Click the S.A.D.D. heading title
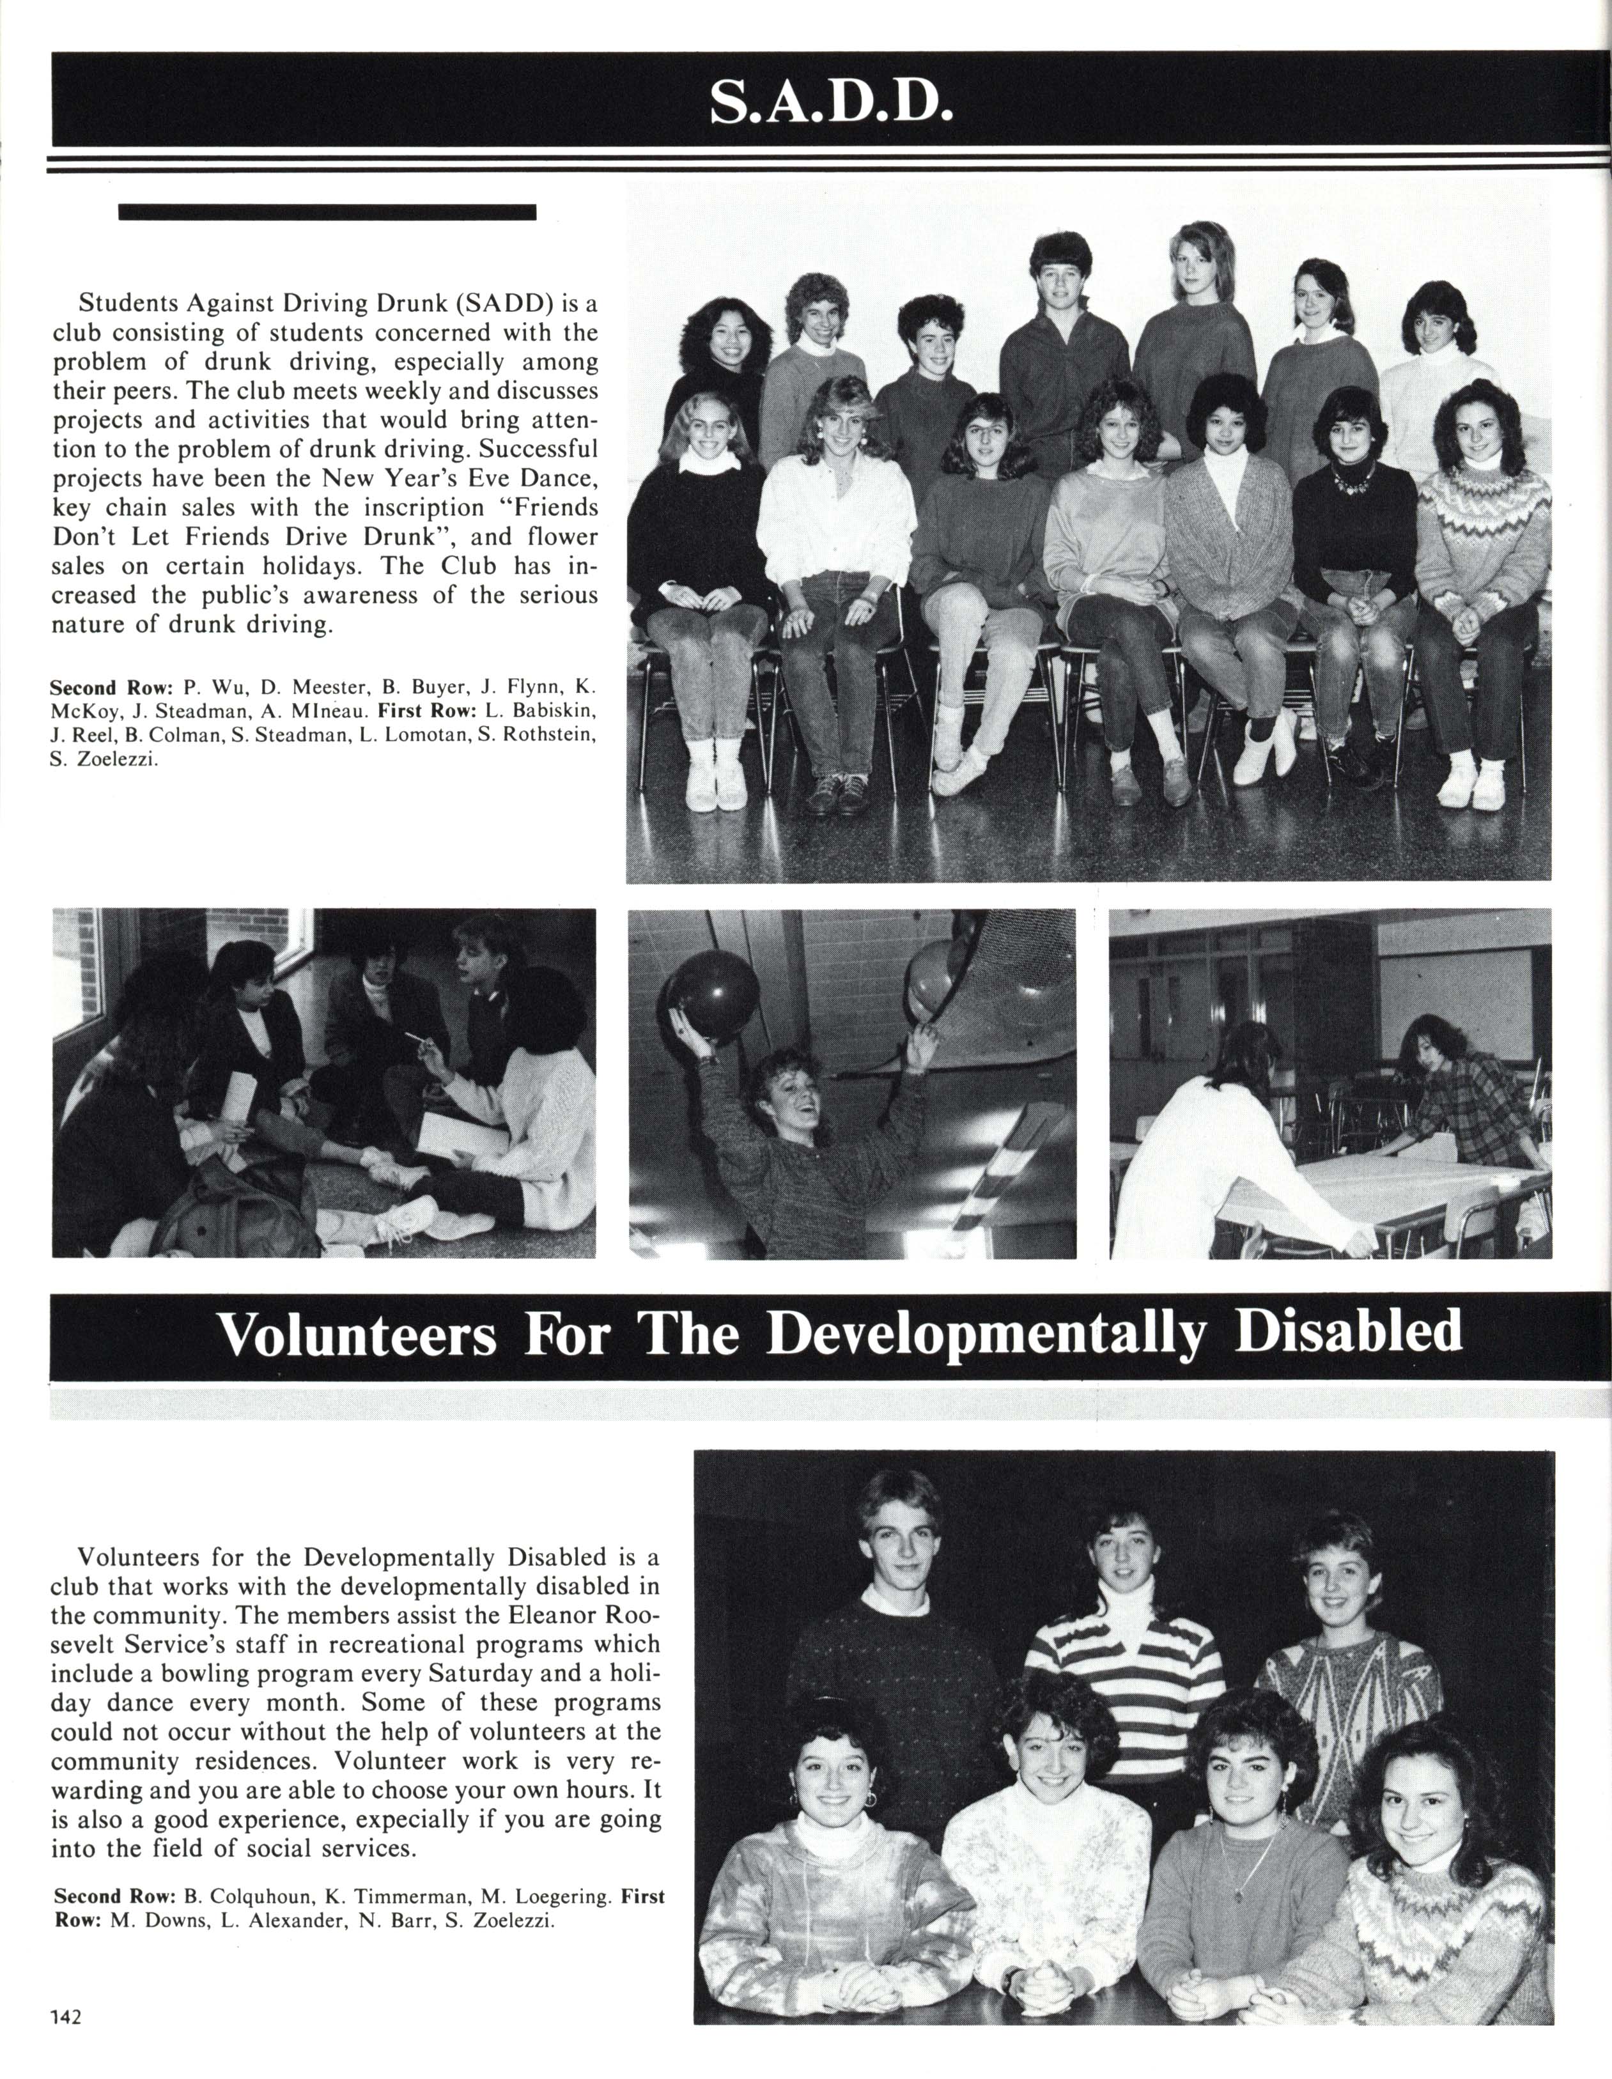(x=830, y=104)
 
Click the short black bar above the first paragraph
(x=327, y=212)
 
